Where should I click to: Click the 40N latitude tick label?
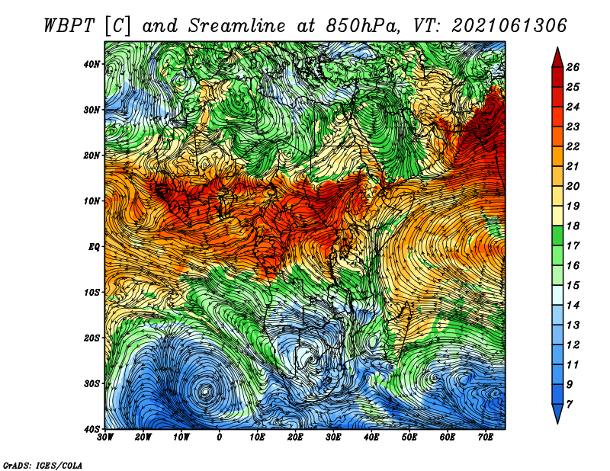point(91,64)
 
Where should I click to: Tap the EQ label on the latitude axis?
point(94,247)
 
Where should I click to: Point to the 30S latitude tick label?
point(91,384)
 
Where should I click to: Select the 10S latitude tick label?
point(91,293)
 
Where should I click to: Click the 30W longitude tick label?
point(105,437)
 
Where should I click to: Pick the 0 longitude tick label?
point(220,437)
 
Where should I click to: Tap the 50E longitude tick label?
point(409,437)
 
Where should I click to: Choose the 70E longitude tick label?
point(486,437)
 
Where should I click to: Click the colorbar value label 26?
point(573,67)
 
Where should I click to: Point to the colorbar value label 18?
point(573,226)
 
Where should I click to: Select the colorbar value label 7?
point(570,405)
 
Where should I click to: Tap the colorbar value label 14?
point(573,306)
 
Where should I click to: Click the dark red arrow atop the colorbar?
point(557,58)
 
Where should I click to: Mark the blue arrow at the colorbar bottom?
point(557,414)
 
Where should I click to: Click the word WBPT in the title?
point(69,26)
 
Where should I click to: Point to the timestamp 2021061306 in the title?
point(509,26)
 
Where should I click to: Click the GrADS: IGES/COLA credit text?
point(43,466)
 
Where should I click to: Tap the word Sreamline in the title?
point(236,26)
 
